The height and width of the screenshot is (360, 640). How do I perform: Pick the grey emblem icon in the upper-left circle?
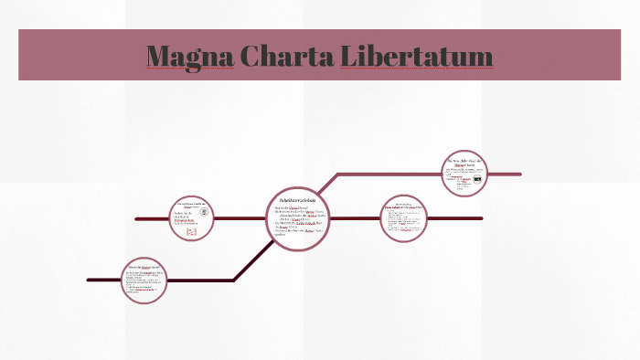click(204, 213)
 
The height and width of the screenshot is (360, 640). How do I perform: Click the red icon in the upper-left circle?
click(192, 233)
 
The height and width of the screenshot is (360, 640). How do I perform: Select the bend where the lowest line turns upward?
click(234, 280)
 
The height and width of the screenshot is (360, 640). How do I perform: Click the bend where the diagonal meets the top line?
click(339, 174)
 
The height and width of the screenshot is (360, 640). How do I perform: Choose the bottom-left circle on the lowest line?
click(145, 280)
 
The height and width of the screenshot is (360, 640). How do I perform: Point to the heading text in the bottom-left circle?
click(144, 266)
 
